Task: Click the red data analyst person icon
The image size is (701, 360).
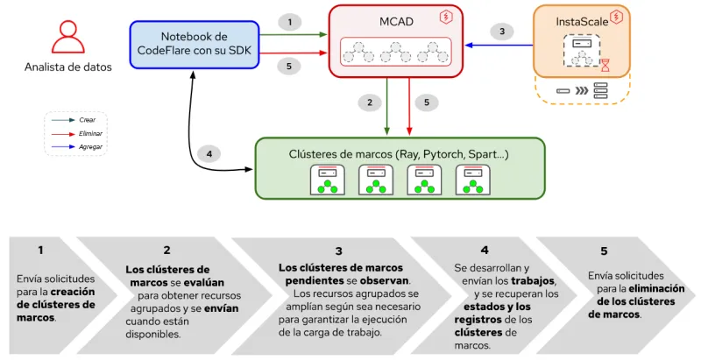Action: click(x=67, y=39)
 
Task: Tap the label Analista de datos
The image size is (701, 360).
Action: click(x=67, y=67)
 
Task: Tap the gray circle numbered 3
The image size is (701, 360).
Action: click(x=501, y=32)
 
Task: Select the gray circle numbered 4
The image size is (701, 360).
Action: click(x=209, y=154)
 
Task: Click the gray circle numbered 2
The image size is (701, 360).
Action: click(x=370, y=102)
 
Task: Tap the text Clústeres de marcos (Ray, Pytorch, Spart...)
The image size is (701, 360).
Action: click(x=399, y=154)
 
